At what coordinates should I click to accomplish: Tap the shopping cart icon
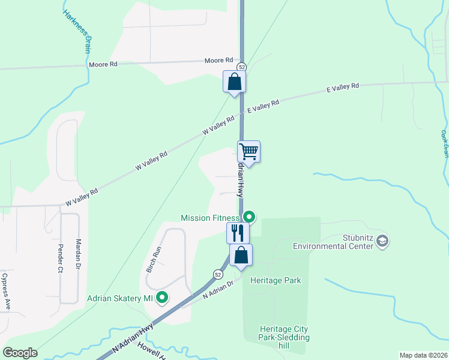[x=249, y=151]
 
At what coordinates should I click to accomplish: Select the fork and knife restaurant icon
[x=238, y=232]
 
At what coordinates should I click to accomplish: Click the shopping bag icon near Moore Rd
[x=235, y=82]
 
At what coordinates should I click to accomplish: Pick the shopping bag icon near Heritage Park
[x=241, y=255]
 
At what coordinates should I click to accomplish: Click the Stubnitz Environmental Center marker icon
[x=383, y=241]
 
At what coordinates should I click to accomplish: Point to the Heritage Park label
[x=276, y=280]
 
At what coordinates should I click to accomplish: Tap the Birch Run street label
[x=154, y=260]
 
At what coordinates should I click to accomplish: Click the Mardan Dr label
[x=78, y=254]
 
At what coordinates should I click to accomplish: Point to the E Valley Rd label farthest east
[x=342, y=87]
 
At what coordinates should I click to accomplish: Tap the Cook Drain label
[x=445, y=143]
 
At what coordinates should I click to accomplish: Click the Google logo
[x=20, y=353]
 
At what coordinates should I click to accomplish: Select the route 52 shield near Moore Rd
[x=241, y=67]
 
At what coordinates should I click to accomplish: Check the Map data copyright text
[x=423, y=355]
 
